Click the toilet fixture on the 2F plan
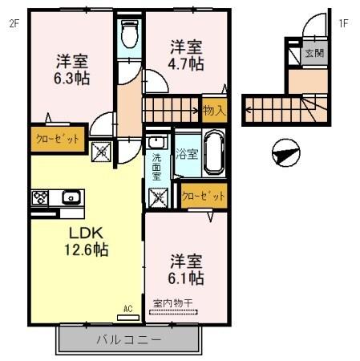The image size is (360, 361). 128,34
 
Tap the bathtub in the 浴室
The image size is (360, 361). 212,152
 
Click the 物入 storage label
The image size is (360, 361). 212,109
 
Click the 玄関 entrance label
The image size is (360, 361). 313,54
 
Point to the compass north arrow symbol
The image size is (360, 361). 285,152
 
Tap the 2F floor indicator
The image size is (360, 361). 14,23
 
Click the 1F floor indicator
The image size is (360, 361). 342,23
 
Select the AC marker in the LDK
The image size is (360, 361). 127,307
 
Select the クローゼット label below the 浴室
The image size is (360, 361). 203,195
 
